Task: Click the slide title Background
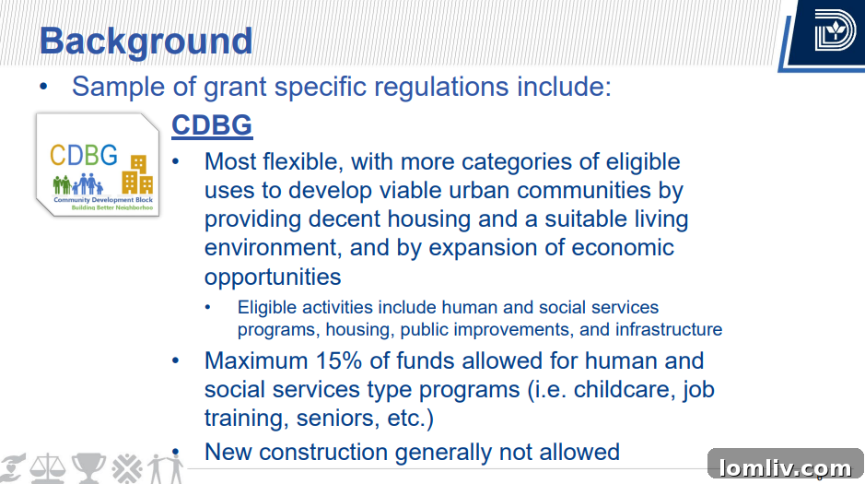click(146, 41)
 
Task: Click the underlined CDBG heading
click(212, 124)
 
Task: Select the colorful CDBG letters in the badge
click(84, 155)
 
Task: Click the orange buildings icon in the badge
click(137, 174)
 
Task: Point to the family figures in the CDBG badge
click(77, 183)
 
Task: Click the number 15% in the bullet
click(339, 361)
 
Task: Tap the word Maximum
click(256, 361)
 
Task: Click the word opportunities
click(273, 277)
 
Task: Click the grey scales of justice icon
click(48, 468)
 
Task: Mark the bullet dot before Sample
click(43, 87)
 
